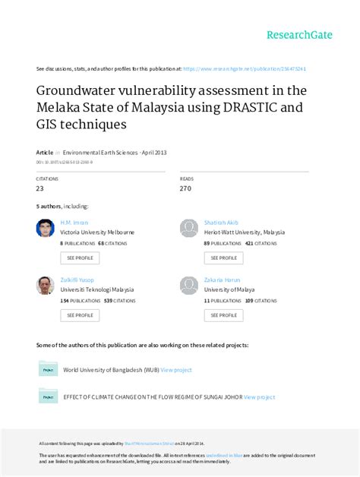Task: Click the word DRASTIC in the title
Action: pyautogui.click(x=253, y=106)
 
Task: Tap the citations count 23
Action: pyautogui.click(x=39, y=188)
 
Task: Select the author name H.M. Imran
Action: pyautogui.click(x=74, y=223)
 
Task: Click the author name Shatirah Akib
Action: pyautogui.click(x=220, y=223)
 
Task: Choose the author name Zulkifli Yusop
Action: pyautogui.click(x=77, y=280)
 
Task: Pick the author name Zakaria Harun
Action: pyautogui.click(x=220, y=280)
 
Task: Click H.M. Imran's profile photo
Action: pyautogui.click(x=45, y=228)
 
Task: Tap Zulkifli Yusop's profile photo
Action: pyautogui.click(x=45, y=285)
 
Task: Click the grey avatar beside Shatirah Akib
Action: pyautogui.click(x=188, y=228)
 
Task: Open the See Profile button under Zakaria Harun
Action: pyautogui.click(x=223, y=314)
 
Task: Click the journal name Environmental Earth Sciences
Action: pyautogui.click(x=100, y=152)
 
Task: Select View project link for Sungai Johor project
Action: pyautogui.click(x=258, y=396)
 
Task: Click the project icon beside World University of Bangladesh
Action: pyautogui.click(x=48, y=369)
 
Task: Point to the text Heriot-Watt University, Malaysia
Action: pyautogui.click(x=244, y=232)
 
